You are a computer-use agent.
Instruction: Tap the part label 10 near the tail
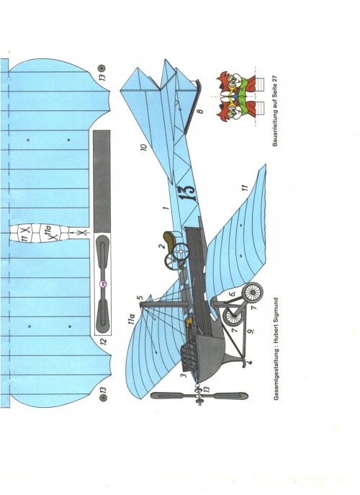point(143,147)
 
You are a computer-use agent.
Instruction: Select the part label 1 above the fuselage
point(166,208)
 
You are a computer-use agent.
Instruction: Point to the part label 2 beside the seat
point(162,246)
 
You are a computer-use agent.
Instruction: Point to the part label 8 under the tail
point(199,111)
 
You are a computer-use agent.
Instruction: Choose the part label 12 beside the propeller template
point(104,341)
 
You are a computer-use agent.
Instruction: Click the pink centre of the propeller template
point(103,284)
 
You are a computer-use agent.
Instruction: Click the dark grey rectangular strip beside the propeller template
point(102,181)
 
